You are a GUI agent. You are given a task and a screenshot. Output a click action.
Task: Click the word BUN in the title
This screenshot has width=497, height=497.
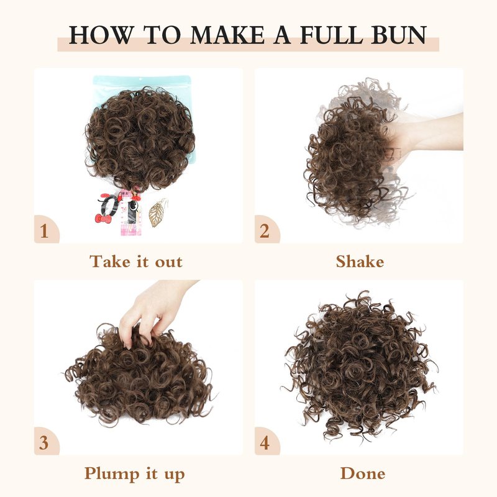[399, 35]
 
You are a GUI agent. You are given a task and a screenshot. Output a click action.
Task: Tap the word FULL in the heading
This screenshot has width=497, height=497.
[332, 35]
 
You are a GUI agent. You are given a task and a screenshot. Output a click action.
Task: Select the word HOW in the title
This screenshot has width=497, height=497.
[101, 35]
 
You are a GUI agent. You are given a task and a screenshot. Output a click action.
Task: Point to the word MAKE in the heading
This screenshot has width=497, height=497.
[227, 35]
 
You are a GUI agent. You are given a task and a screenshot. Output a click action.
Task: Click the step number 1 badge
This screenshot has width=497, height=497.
[45, 230]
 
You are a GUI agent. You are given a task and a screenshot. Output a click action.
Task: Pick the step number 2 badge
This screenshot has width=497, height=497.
[266, 230]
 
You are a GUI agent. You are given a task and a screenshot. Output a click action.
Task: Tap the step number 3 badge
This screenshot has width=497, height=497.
[45, 442]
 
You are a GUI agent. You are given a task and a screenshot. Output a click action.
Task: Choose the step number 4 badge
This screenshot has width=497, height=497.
[266, 442]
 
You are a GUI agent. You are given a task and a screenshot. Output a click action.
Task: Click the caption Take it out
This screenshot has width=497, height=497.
[136, 262]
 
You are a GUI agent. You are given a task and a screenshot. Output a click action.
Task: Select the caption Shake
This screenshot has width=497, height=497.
[360, 262]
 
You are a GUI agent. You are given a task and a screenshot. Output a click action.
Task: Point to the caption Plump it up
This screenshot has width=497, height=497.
[134, 475]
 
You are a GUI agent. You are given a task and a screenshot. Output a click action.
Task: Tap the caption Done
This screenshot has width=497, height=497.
[363, 473]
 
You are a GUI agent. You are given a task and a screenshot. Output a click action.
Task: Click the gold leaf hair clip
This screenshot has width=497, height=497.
[157, 213]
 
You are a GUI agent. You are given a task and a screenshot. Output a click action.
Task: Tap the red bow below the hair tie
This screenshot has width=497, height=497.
[103, 219]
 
